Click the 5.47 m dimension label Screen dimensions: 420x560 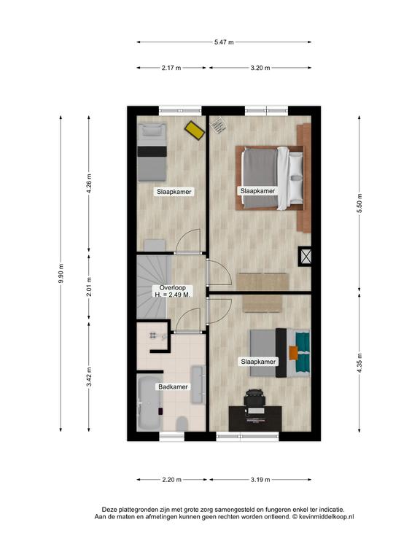(224, 42)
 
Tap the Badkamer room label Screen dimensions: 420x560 (174, 386)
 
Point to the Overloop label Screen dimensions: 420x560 (173, 288)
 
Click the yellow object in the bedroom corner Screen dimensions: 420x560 (195, 131)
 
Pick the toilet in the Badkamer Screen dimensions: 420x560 (182, 424)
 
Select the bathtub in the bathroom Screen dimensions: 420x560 (149, 403)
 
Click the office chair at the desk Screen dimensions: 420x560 (254, 397)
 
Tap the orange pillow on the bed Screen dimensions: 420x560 (293, 353)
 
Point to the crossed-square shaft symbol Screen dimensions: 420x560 (306, 257)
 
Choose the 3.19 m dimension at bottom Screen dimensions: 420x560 (260, 480)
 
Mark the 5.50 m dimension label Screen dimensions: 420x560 (359, 203)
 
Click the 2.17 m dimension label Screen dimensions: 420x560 (171, 68)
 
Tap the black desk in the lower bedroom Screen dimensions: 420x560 (255, 419)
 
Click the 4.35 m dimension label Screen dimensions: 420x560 (359, 363)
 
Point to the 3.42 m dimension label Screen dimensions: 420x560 (89, 376)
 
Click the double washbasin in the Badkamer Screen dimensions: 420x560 (198, 385)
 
